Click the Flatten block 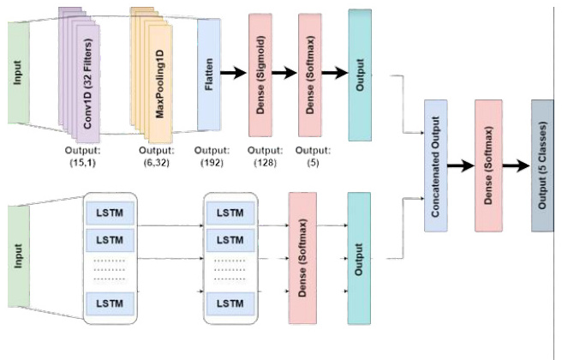pos(209,75)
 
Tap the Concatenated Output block pos(435,165)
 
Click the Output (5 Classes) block pos(542,165)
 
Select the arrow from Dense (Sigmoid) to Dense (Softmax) pos(284,74)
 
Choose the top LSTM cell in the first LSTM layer pos(111,212)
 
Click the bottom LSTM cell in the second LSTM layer pos(230,303)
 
